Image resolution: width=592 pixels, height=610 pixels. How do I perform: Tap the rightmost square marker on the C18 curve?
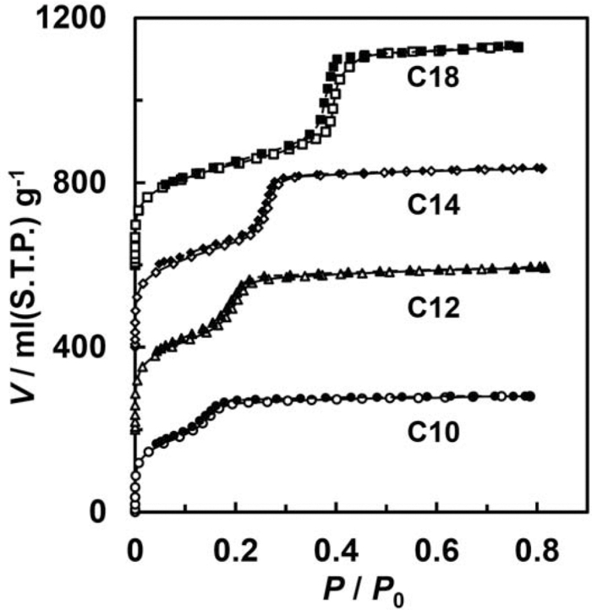[518, 47]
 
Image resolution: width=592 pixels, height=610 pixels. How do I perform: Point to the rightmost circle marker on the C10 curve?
[530, 396]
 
